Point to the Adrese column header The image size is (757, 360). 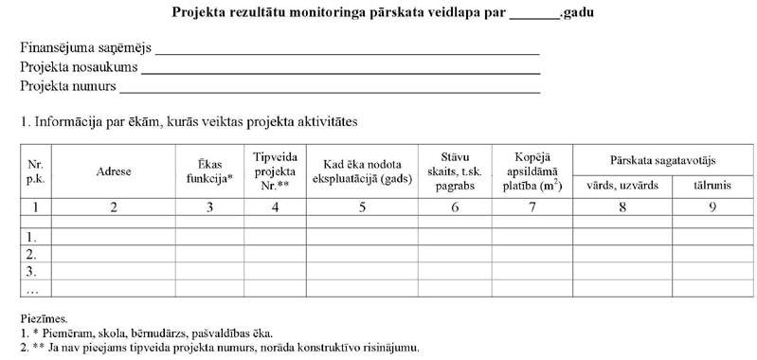click(x=113, y=171)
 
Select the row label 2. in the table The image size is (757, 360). click(x=32, y=255)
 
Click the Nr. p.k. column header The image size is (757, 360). click(x=36, y=171)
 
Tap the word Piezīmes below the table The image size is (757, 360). click(x=44, y=321)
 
